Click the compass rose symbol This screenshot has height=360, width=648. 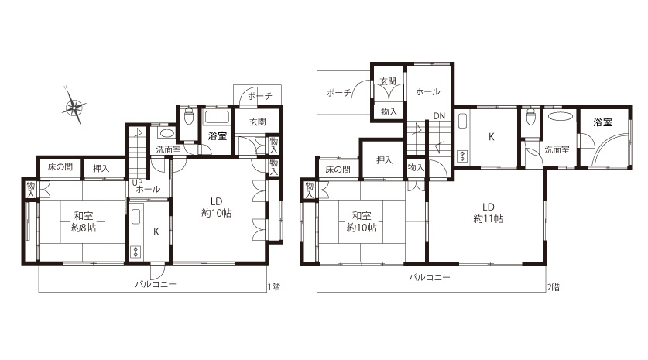[74, 106]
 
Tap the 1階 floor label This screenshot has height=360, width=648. [274, 287]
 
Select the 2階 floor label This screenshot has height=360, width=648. [554, 287]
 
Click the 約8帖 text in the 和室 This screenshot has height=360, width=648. [84, 227]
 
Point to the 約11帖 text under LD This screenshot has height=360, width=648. [488, 218]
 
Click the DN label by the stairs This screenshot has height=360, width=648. [439, 116]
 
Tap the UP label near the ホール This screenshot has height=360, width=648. [137, 182]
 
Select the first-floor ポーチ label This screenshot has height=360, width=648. [260, 96]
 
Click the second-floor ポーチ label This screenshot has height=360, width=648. [339, 93]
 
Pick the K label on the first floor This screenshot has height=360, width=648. [156, 231]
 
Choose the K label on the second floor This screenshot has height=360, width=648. [492, 136]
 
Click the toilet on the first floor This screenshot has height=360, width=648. [188, 117]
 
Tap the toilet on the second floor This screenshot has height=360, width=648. [530, 117]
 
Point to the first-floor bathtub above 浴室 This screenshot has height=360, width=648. [217, 117]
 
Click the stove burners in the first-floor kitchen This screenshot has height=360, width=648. [136, 252]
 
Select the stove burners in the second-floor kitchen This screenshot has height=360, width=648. [462, 156]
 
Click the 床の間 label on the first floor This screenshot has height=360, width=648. [60, 166]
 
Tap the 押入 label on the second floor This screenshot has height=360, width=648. [384, 160]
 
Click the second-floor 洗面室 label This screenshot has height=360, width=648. [557, 149]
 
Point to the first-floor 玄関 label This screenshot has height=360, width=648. [258, 122]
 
